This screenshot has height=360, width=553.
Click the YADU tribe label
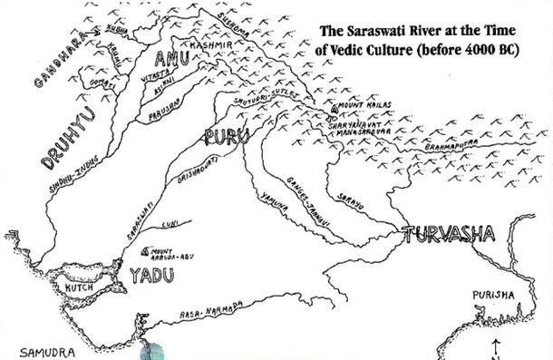point(150,275)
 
